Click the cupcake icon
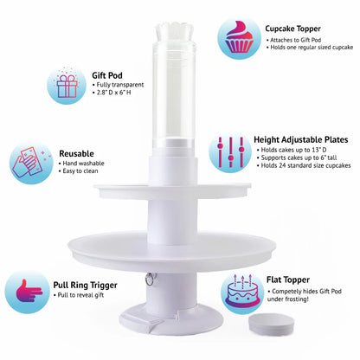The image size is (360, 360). click(x=240, y=37)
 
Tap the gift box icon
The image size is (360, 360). click(x=67, y=86)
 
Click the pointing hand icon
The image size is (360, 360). click(x=29, y=292)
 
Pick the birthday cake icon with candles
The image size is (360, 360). click(x=242, y=292)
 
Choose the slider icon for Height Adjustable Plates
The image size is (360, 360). click(x=231, y=152)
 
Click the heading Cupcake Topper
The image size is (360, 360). click(x=292, y=29)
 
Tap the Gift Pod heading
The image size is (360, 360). click(x=107, y=75)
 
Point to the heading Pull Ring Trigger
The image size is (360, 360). click(x=85, y=285)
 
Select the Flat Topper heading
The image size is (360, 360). click(x=288, y=280)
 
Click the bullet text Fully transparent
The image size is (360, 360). click(x=120, y=85)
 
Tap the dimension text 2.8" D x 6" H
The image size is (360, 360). click(x=113, y=93)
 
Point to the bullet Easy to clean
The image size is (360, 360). click(x=80, y=171)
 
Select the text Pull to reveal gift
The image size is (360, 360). click(x=80, y=295)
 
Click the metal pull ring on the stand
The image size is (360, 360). click(x=150, y=279)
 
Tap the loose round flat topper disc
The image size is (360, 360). click(x=272, y=323)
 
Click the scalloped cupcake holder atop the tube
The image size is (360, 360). click(x=175, y=32)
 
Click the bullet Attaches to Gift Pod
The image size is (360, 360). click(x=295, y=40)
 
